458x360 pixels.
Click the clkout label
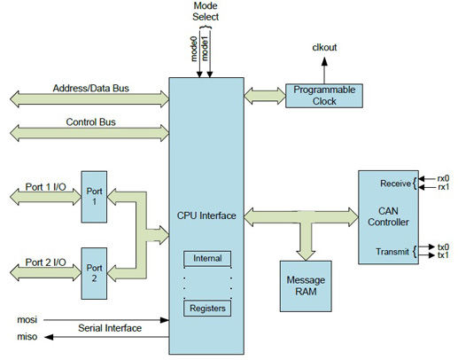click(x=323, y=46)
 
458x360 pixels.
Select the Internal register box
click(x=206, y=259)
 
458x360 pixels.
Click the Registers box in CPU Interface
click(x=206, y=309)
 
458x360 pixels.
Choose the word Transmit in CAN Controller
click(x=393, y=252)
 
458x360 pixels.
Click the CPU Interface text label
click(x=206, y=215)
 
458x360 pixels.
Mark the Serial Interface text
click(x=110, y=328)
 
